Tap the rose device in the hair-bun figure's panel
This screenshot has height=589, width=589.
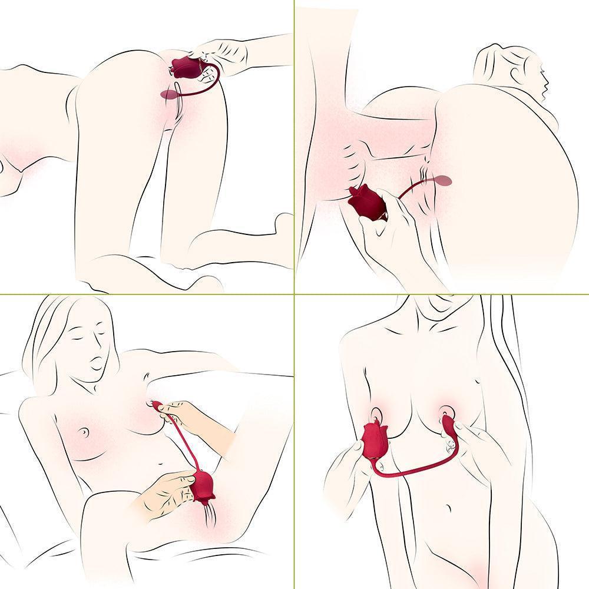pyautogui.click(x=366, y=203)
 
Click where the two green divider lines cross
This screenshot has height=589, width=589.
pyautogui.click(x=294, y=294)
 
